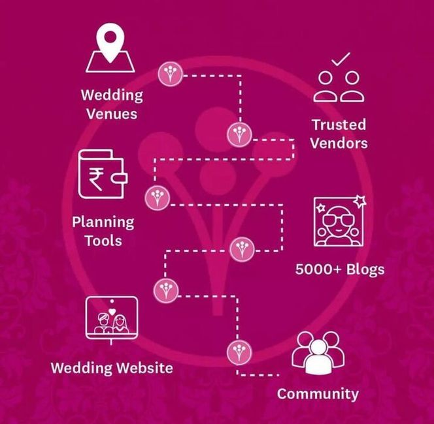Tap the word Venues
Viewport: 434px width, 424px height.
[x=112, y=114]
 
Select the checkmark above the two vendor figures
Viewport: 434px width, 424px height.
[x=341, y=59]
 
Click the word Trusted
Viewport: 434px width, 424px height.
[x=339, y=125]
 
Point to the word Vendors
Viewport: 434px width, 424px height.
[x=339, y=143]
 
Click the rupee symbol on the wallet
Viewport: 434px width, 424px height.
[x=96, y=179]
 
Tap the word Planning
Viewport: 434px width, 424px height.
[x=103, y=222]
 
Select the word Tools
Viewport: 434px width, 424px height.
[x=103, y=241]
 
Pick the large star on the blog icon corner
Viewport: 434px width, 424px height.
[x=359, y=201]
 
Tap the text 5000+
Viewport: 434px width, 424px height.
[x=318, y=269]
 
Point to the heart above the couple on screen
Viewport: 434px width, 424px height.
[x=112, y=312]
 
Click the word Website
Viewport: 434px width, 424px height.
[x=144, y=368]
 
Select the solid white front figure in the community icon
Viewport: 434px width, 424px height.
[x=318, y=357]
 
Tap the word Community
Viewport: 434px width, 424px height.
[x=318, y=393]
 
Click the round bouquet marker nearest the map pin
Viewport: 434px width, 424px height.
[x=171, y=74]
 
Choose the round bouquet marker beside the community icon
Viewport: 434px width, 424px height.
[x=239, y=353]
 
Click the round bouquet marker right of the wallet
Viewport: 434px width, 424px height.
[x=158, y=198]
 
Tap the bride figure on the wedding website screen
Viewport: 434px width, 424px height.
[x=120, y=324]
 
